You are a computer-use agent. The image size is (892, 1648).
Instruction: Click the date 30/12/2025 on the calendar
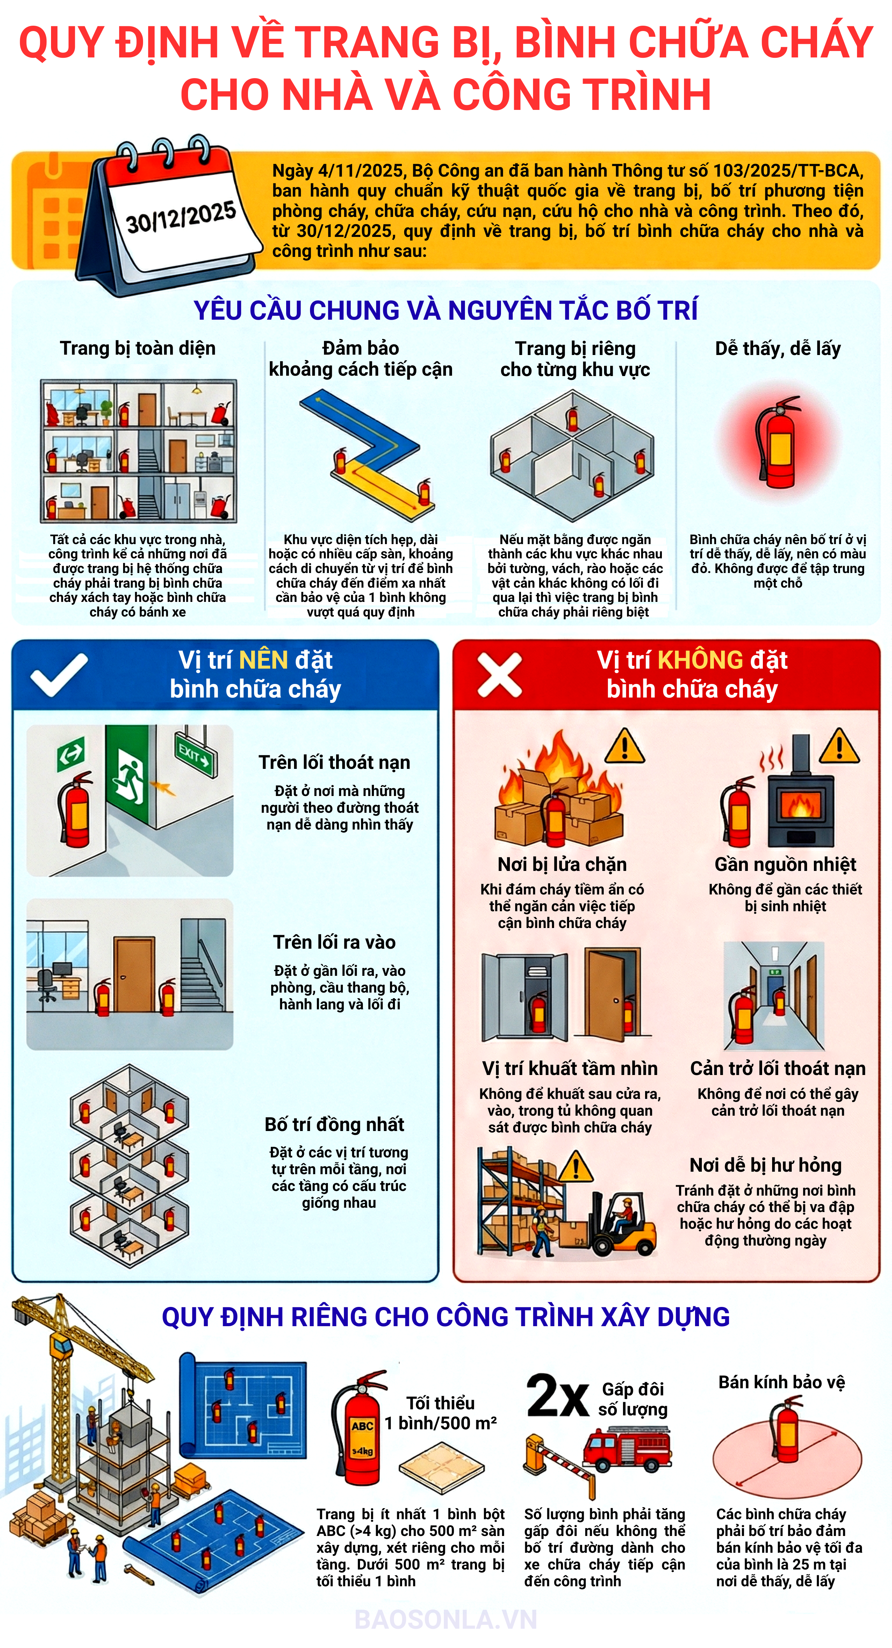coord(181,218)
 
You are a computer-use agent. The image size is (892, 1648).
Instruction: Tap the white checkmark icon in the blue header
coord(59,675)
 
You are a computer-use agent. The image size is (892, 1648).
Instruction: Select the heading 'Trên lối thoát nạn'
coord(334,762)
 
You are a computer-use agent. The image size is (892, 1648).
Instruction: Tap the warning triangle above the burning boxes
coord(624,746)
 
